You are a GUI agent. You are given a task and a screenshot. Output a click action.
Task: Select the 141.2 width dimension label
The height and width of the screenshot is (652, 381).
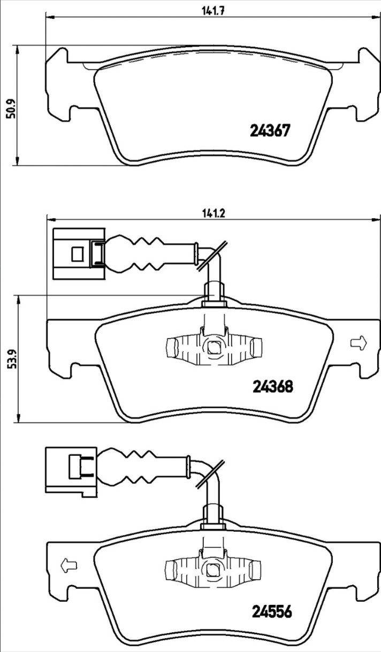click(214, 214)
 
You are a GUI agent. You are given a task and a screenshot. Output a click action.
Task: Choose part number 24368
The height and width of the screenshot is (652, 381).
click(272, 386)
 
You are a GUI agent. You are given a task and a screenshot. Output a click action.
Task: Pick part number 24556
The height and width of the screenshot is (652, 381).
click(272, 611)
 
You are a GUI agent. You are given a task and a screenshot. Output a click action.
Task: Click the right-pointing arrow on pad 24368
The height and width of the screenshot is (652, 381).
click(359, 343)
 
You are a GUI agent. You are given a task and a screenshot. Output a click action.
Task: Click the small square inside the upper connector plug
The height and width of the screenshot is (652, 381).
click(78, 254)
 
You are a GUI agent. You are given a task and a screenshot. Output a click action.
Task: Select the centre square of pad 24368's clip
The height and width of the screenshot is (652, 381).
click(214, 347)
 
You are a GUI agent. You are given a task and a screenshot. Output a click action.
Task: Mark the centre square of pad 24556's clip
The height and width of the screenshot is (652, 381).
click(214, 570)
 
